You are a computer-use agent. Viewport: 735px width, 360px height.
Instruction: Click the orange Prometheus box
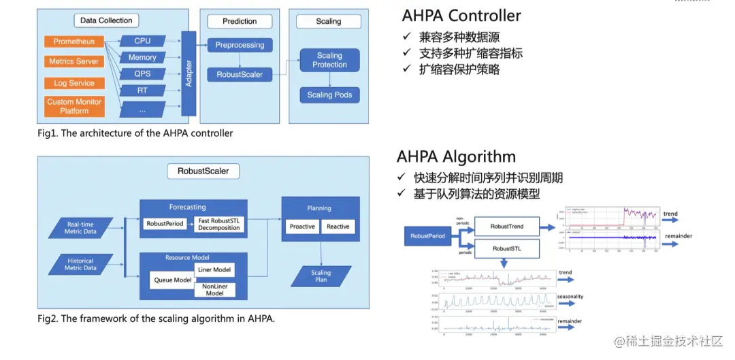pos(74,42)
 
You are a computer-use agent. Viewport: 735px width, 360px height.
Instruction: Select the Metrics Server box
pos(74,61)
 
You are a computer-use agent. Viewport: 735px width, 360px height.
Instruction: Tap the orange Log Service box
pos(74,83)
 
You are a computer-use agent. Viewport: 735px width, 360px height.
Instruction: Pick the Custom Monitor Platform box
pos(74,106)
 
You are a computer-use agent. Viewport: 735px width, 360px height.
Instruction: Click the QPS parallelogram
pos(142,73)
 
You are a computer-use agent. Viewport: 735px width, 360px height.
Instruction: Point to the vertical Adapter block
pos(189,73)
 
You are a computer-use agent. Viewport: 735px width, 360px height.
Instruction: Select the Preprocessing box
pos(240,45)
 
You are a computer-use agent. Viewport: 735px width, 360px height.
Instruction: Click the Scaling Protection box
pos(329,60)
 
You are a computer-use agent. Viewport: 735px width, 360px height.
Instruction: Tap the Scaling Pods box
pos(329,95)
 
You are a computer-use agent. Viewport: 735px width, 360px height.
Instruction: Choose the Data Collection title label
pos(106,21)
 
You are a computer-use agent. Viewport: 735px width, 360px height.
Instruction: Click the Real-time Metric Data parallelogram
pos(81,228)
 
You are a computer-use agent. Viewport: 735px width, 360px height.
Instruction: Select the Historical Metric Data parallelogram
pos(81,264)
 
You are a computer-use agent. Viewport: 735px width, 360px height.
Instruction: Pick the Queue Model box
pos(172,279)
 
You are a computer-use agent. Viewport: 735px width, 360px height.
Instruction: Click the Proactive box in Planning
pos(301,226)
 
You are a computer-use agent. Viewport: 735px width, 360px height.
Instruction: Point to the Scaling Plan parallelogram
pos(321,276)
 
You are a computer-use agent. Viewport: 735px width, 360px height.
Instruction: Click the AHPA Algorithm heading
pos(456,157)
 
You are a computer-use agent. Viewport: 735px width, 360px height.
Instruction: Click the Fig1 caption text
pos(135,133)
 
